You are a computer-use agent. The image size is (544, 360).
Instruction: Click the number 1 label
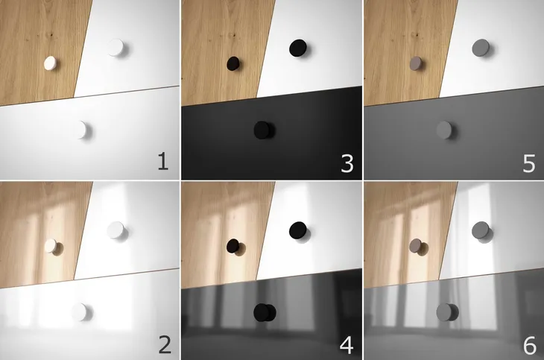(163, 162)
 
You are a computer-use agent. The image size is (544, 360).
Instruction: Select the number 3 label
(347, 163)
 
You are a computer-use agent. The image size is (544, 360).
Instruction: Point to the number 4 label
(347, 345)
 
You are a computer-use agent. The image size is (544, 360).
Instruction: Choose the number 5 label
(529, 163)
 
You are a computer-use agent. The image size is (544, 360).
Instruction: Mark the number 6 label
(529, 345)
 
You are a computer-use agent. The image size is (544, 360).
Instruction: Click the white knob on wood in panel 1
(50, 63)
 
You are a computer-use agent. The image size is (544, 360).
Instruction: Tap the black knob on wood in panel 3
(233, 63)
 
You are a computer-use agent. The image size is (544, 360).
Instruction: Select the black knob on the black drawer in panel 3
(262, 130)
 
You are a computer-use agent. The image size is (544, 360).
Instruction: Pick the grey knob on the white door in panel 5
(481, 48)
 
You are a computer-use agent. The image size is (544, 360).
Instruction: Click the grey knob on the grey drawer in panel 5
(444, 130)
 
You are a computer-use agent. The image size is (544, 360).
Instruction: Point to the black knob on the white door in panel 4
(298, 230)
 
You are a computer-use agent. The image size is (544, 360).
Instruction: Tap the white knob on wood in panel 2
(51, 246)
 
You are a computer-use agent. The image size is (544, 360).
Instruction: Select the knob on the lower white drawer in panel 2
(80, 312)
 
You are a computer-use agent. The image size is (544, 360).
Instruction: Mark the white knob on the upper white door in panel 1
(116, 48)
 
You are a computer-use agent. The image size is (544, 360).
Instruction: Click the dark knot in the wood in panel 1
(51, 35)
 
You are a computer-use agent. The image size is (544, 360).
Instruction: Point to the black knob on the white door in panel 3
(298, 48)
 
